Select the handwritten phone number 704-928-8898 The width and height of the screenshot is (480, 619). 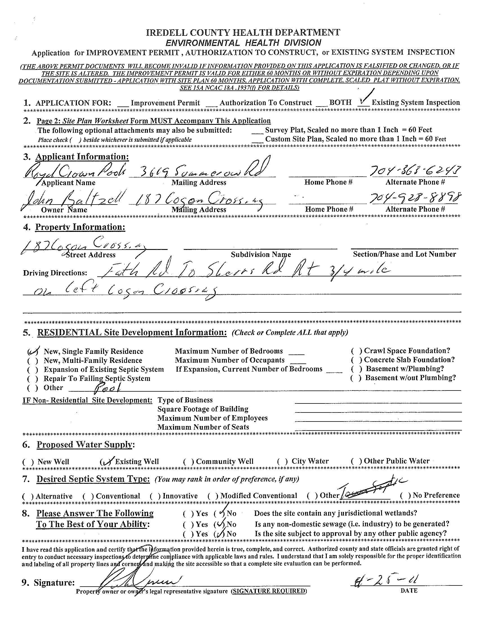tap(415, 199)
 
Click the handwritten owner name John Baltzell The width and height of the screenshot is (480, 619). tap(71, 201)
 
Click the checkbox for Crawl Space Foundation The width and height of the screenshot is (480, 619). tap(356, 351)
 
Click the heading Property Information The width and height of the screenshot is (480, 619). tap(80, 227)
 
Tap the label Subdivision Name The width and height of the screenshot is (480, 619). tap(261, 254)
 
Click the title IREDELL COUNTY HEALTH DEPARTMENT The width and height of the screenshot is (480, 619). tap(243, 33)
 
